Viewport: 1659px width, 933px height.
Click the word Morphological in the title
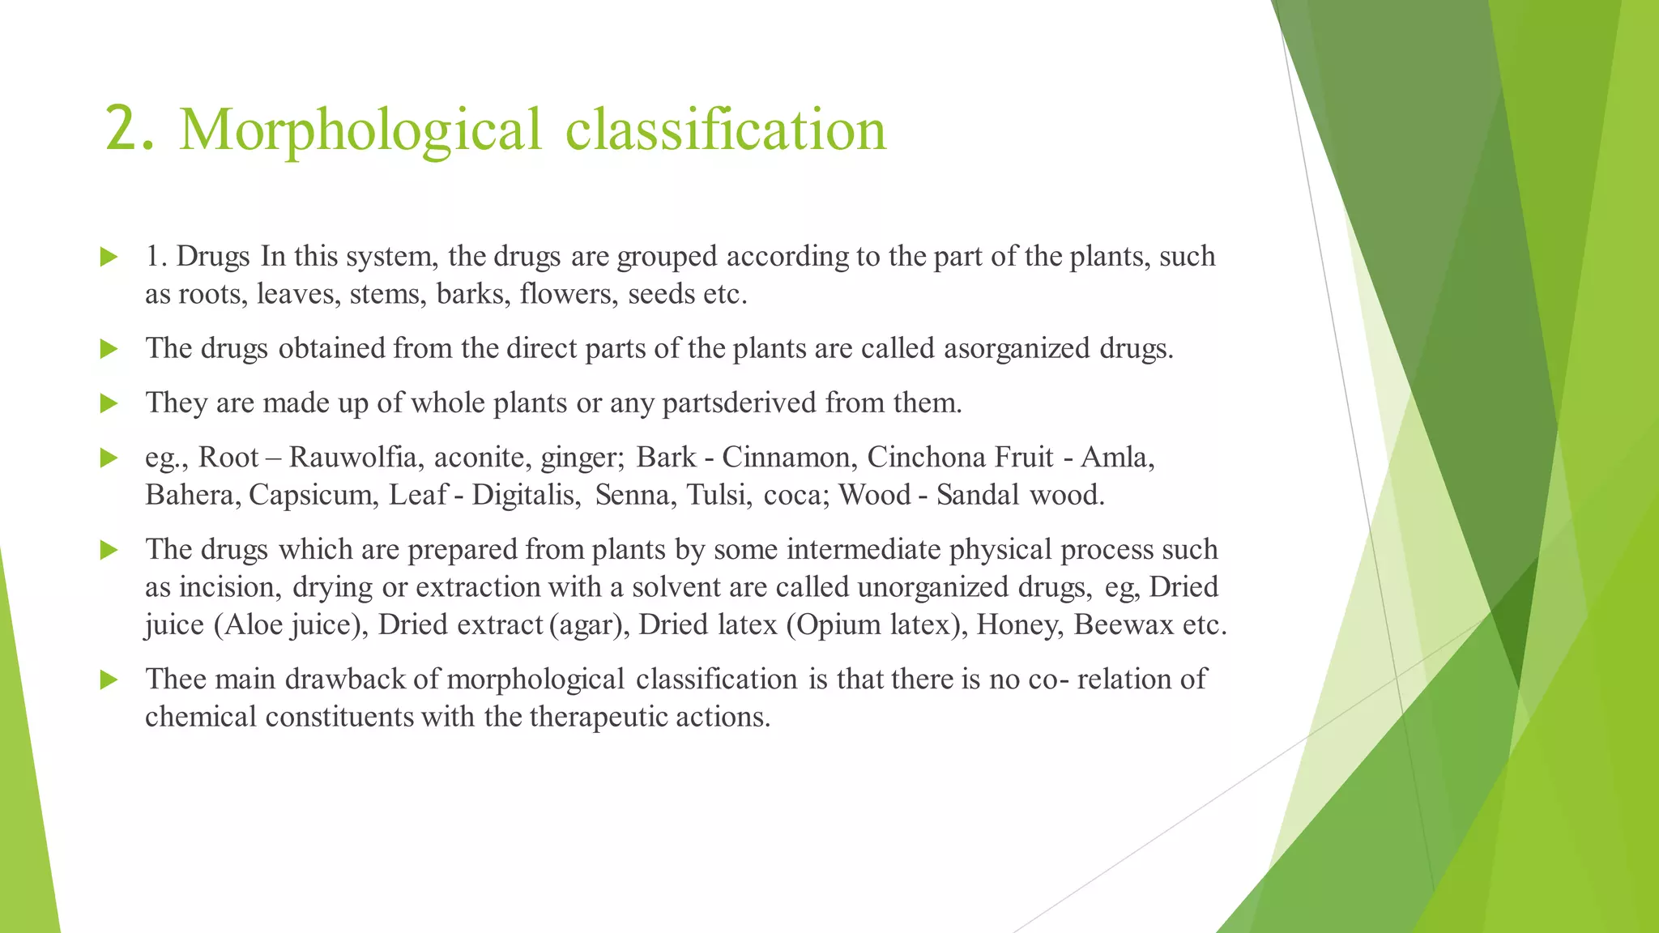(x=360, y=130)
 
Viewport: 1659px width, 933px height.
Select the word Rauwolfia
(x=352, y=457)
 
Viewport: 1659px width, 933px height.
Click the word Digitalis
(x=527, y=494)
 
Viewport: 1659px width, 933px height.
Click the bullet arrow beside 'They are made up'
(x=109, y=403)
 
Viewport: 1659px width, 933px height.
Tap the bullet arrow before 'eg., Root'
(x=109, y=458)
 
